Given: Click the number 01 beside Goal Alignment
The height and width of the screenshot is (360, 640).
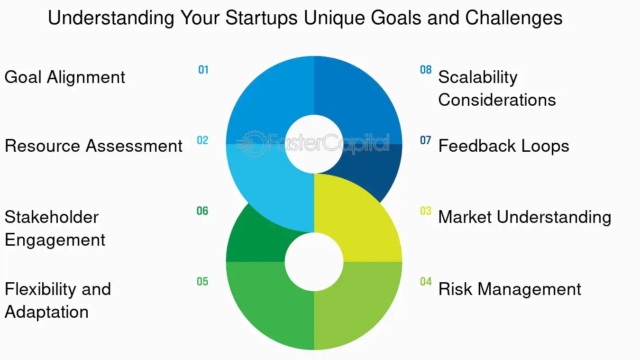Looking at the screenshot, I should tap(203, 70).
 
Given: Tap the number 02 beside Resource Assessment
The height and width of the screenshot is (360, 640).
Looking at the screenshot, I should tap(202, 140).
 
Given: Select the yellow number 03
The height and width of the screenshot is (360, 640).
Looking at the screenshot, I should tap(426, 211).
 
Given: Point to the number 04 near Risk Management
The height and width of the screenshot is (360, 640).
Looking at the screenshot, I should tap(426, 282).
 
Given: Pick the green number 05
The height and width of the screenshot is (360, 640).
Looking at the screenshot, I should tap(202, 282).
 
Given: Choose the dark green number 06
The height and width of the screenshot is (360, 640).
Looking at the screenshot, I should tap(202, 211).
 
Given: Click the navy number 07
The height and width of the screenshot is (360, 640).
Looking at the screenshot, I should tap(426, 140).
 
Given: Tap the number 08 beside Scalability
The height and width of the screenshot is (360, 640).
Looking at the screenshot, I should tap(426, 70).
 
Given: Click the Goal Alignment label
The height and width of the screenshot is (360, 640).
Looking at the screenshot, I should tap(65, 77).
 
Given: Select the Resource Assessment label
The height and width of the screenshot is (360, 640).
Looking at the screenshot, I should tap(93, 146).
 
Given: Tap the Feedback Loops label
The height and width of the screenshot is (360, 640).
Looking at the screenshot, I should tap(503, 146).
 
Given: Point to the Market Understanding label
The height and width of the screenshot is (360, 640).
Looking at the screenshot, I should tap(524, 217).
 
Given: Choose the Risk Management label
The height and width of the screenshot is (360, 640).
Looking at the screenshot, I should tap(510, 289).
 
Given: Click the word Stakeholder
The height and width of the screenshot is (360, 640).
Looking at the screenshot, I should tap(52, 217).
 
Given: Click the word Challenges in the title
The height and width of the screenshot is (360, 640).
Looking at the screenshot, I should tap(514, 18).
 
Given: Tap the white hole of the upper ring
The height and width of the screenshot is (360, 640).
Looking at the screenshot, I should tap(314, 144).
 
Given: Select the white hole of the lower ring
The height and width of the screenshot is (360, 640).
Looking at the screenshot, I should tap(314, 262).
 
